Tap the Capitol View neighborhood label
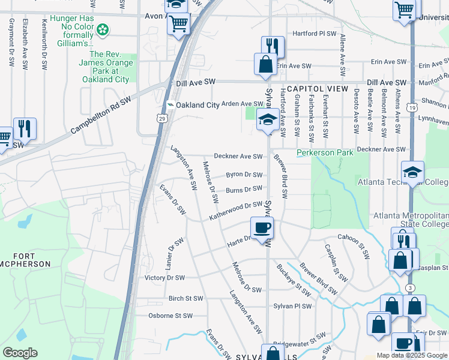[318, 89]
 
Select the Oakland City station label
[198, 105]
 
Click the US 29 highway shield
[162, 119]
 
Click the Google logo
[20, 353]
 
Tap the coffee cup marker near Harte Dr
[262, 229]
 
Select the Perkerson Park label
[325, 153]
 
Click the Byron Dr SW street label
[244, 175]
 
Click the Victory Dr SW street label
[164, 278]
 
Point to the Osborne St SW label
[170, 316]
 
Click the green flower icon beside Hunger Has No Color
[104, 29]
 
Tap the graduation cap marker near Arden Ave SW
[267, 119]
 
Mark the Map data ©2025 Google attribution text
[411, 355]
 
